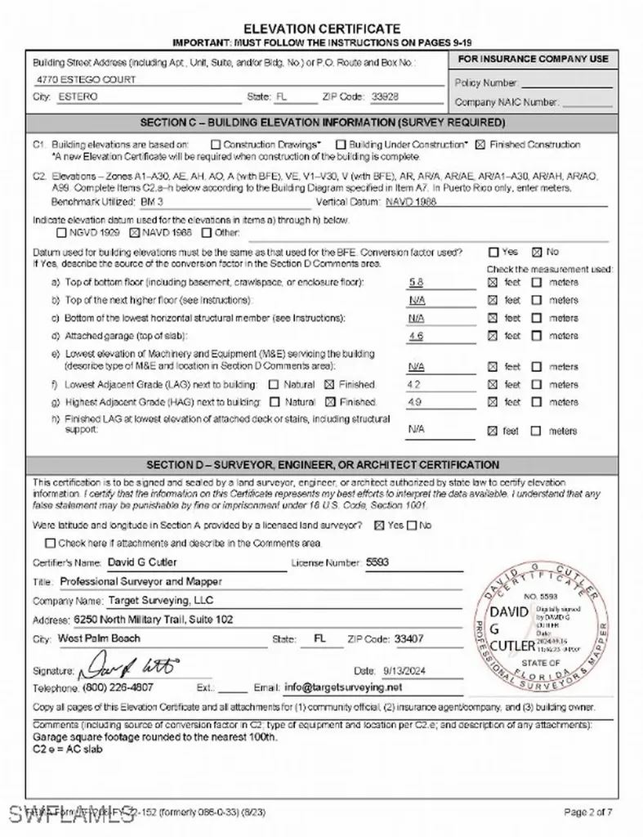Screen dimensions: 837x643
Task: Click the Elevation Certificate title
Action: (x=322, y=29)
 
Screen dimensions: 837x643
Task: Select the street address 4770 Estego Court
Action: (x=87, y=80)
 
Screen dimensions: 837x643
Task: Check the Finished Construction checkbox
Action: (x=480, y=145)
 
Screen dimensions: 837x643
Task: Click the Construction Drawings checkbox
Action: (x=205, y=145)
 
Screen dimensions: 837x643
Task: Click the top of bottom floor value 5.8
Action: (x=416, y=282)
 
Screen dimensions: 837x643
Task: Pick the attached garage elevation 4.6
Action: (x=416, y=336)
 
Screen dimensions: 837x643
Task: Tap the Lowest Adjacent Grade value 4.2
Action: (x=413, y=384)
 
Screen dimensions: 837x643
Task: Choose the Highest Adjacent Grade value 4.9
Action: (x=413, y=402)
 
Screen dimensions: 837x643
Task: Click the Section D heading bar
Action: (x=322, y=464)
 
